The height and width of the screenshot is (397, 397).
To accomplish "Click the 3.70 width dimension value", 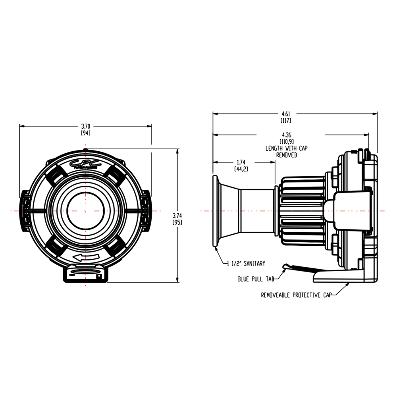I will (85, 126).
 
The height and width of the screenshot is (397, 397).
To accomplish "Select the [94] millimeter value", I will (85, 133).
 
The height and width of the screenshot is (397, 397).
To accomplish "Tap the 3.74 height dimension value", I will (177, 215).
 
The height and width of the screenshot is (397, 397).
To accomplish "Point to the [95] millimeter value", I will (177, 222).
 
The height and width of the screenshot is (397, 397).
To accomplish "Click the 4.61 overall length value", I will (286, 113).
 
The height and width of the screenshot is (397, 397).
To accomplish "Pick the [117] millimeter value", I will (286, 120).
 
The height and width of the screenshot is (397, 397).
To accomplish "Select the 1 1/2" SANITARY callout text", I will (246, 263).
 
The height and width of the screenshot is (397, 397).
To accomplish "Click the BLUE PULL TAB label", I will (256, 279).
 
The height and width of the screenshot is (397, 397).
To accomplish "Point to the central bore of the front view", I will (85, 209).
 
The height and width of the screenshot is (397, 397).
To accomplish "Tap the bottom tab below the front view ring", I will (85, 273).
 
